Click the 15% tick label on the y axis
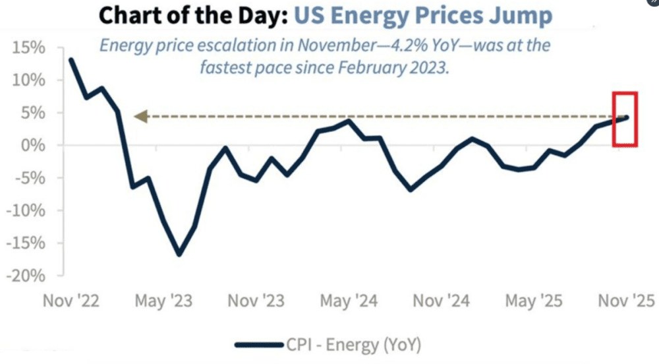point(27,48)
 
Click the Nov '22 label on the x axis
point(71,301)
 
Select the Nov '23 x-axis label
point(256,301)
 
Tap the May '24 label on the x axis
point(349,301)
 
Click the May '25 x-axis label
point(534,301)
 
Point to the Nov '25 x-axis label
point(625,301)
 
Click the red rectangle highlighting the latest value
point(625,119)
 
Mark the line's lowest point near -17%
point(179,254)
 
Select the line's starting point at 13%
point(71,60)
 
